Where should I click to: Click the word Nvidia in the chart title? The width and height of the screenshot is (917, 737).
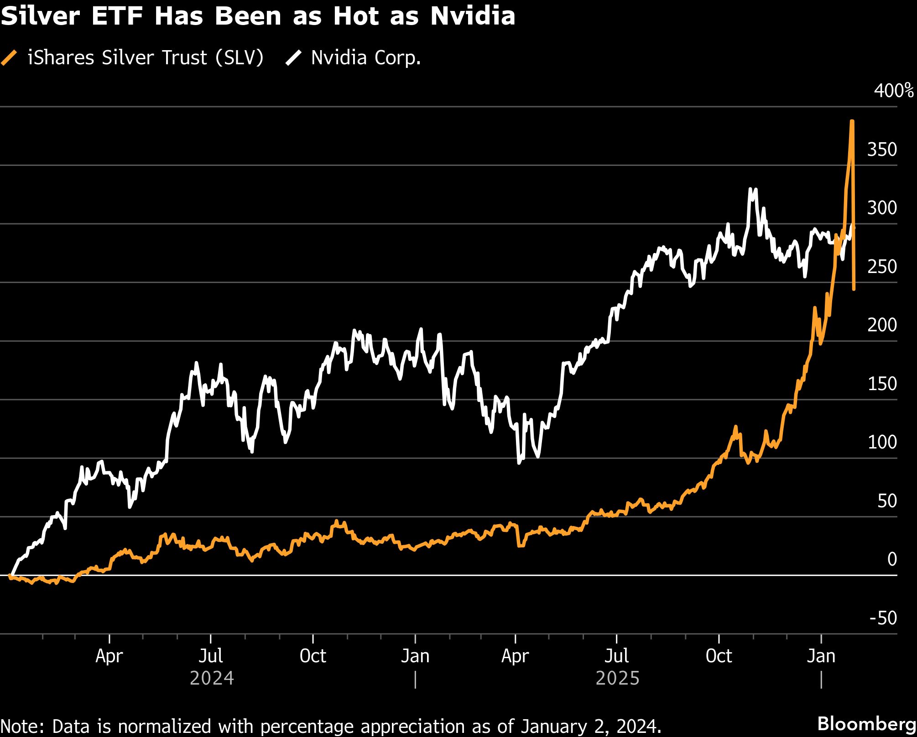(x=473, y=16)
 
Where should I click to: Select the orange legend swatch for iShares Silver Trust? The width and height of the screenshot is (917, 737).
(x=9, y=58)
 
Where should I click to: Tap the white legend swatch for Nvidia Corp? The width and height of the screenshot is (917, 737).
(x=293, y=58)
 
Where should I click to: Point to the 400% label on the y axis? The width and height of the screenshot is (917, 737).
(x=893, y=91)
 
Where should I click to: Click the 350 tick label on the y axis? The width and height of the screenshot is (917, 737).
(x=881, y=149)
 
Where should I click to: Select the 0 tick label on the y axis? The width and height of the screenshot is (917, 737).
(x=892, y=559)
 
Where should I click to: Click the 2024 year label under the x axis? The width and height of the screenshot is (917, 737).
(x=212, y=678)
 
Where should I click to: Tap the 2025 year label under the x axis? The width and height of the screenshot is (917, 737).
(x=617, y=678)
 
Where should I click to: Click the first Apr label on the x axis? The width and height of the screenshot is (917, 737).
(x=109, y=656)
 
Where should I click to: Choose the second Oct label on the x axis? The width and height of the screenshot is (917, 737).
(x=719, y=656)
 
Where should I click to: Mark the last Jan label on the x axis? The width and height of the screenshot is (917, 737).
(x=821, y=656)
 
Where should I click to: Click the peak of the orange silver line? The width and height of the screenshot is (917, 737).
(x=852, y=122)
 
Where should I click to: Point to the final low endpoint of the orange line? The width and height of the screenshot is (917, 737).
(x=854, y=289)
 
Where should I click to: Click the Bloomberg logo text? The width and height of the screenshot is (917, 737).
(x=866, y=724)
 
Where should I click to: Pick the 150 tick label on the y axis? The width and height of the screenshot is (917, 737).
(x=881, y=384)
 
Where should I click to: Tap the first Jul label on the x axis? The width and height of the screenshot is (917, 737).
(x=211, y=656)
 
